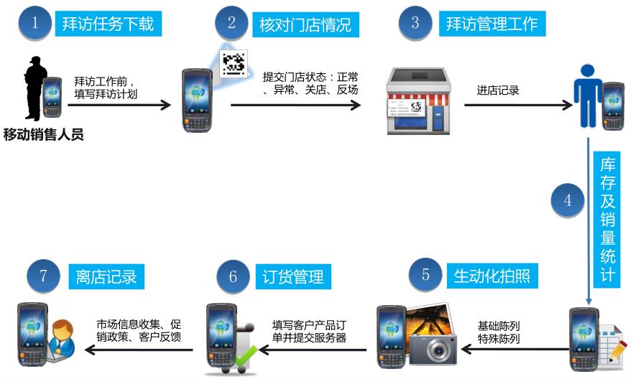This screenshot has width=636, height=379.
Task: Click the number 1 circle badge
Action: pyautogui.click(x=34, y=23)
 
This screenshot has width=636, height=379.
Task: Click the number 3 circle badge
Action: pyautogui.click(x=415, y=23)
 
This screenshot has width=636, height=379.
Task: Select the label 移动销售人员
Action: pyautogui.click(x=44, y=134)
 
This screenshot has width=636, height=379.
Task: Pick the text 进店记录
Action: pyautogui.click(x=498, y=90)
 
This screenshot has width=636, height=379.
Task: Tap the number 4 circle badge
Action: pyautogui.click(x=568, y=201)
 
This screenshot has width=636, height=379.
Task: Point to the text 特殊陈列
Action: pyautogui.click(x=499, y=339)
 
